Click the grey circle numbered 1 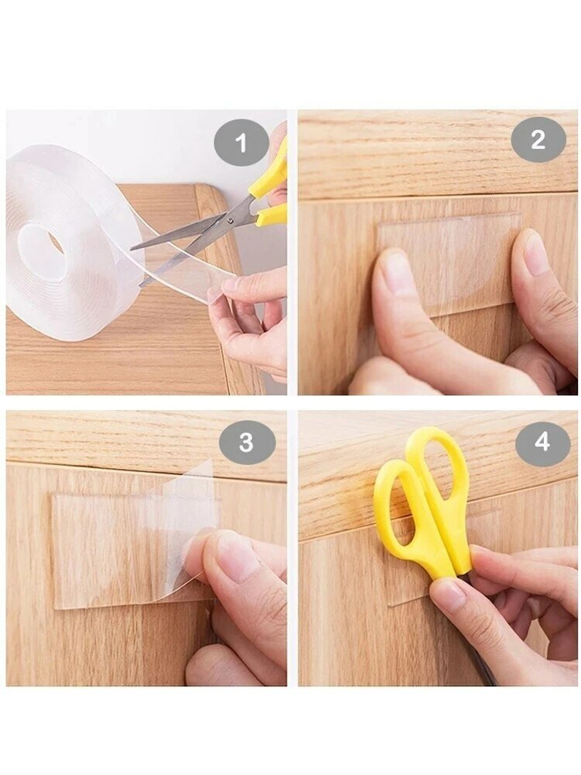click(x=241, y=143)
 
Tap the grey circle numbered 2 click(x=538, y=139)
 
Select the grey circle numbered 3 click(x=247, y=442)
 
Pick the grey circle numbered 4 click(x=542, y=441)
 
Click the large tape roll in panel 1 click(x=74, y=242)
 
